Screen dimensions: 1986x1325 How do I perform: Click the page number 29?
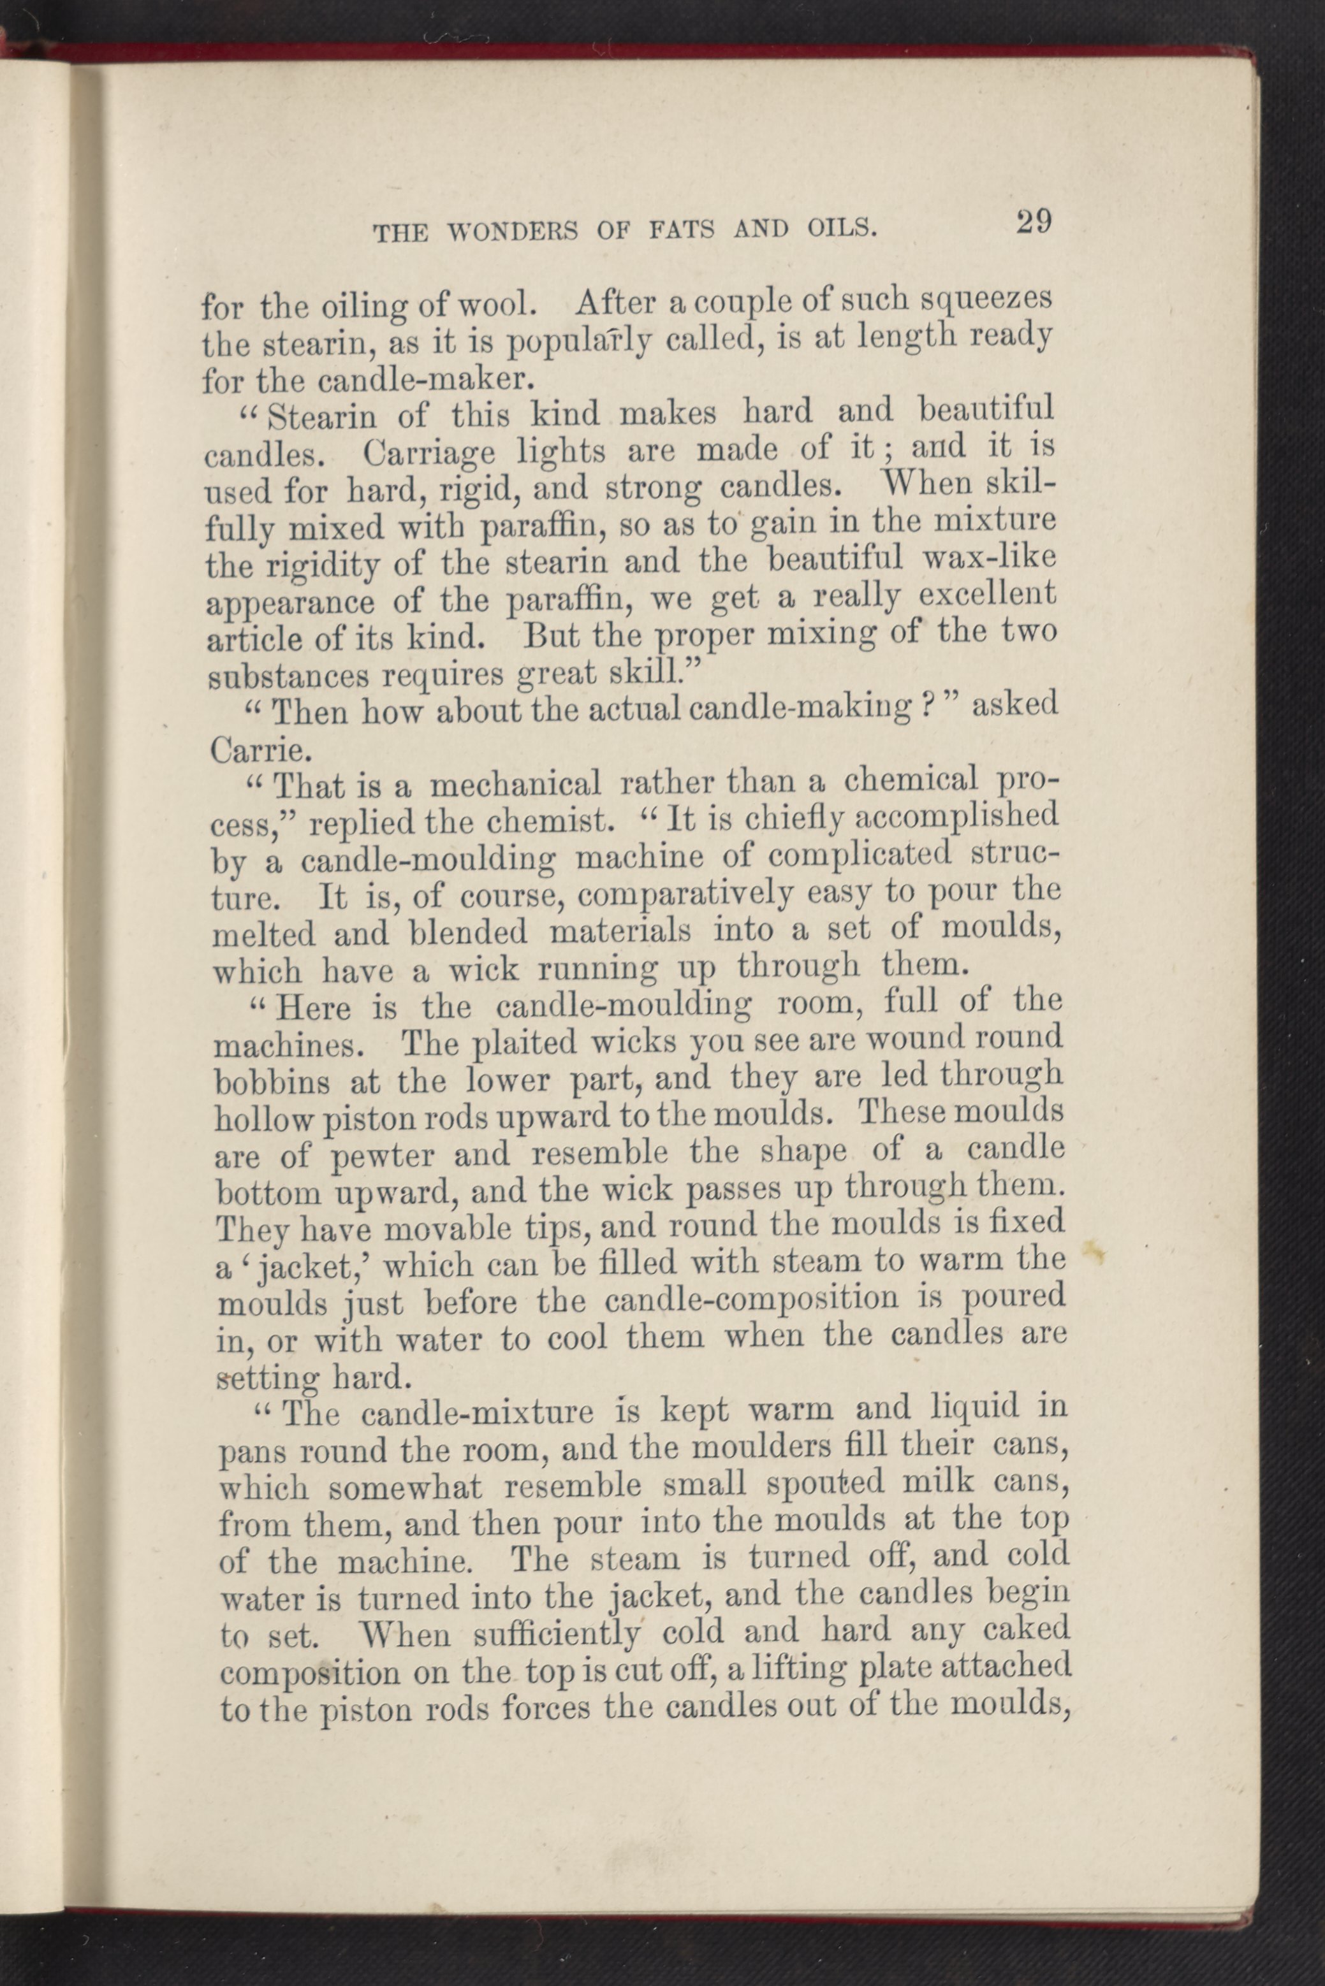click(1034, 223)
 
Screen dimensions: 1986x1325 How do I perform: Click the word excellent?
click(986, 595)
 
